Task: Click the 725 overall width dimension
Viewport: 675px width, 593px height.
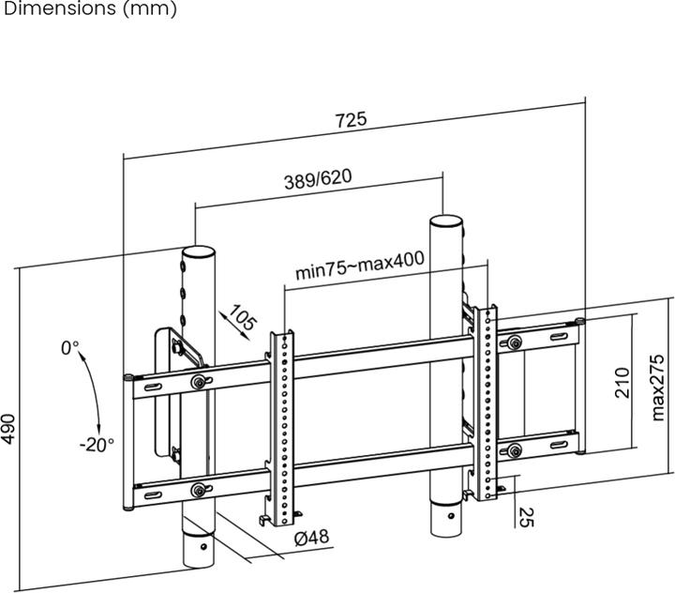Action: tap(351, 120)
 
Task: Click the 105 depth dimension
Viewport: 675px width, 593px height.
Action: tap(243, 320)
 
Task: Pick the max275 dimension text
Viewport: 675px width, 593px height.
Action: tap(658, 387)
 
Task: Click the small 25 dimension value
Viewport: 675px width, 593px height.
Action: tap(525, 516)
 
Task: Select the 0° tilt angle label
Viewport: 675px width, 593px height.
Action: tap(71, 348)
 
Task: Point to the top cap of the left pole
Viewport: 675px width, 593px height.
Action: tap(197, 251)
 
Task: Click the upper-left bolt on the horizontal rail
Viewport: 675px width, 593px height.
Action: tap(199, 381)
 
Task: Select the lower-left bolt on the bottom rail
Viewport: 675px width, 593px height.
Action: tap(198, 490)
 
